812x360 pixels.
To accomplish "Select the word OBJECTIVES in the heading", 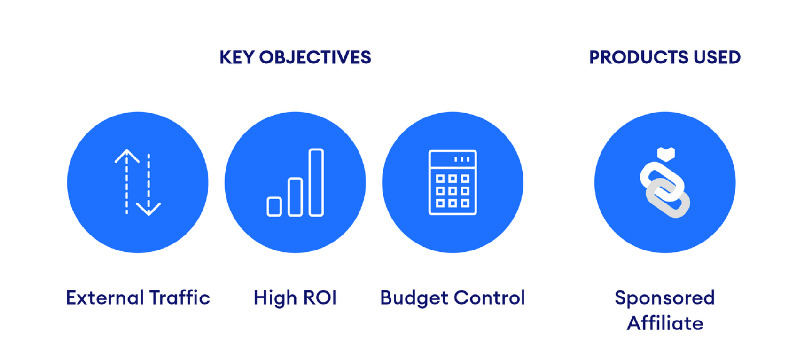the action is pyautogui.click(x=315, y=57).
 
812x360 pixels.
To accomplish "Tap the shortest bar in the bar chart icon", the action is pyautogui.click(x=274, y=207).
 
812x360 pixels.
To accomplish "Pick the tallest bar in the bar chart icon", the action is pyautogui.click(x=316, y=182).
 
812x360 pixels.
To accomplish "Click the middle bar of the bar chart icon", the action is pyautogui.click(x=295, y=197).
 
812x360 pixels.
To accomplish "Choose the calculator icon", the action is pyautogui.click(x=453, y=182).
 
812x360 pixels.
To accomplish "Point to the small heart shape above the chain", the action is pyautogui.click(x=666, y=154).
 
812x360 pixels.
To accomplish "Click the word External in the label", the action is pyautogui.click(x=105, y=298).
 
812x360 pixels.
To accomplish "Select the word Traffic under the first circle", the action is pyautogui.click(x=180, y=298).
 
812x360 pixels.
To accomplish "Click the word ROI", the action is pyautogui.click(x=320, y=298).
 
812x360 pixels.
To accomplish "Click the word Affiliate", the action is pyautogui.click(x=665, y=323).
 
